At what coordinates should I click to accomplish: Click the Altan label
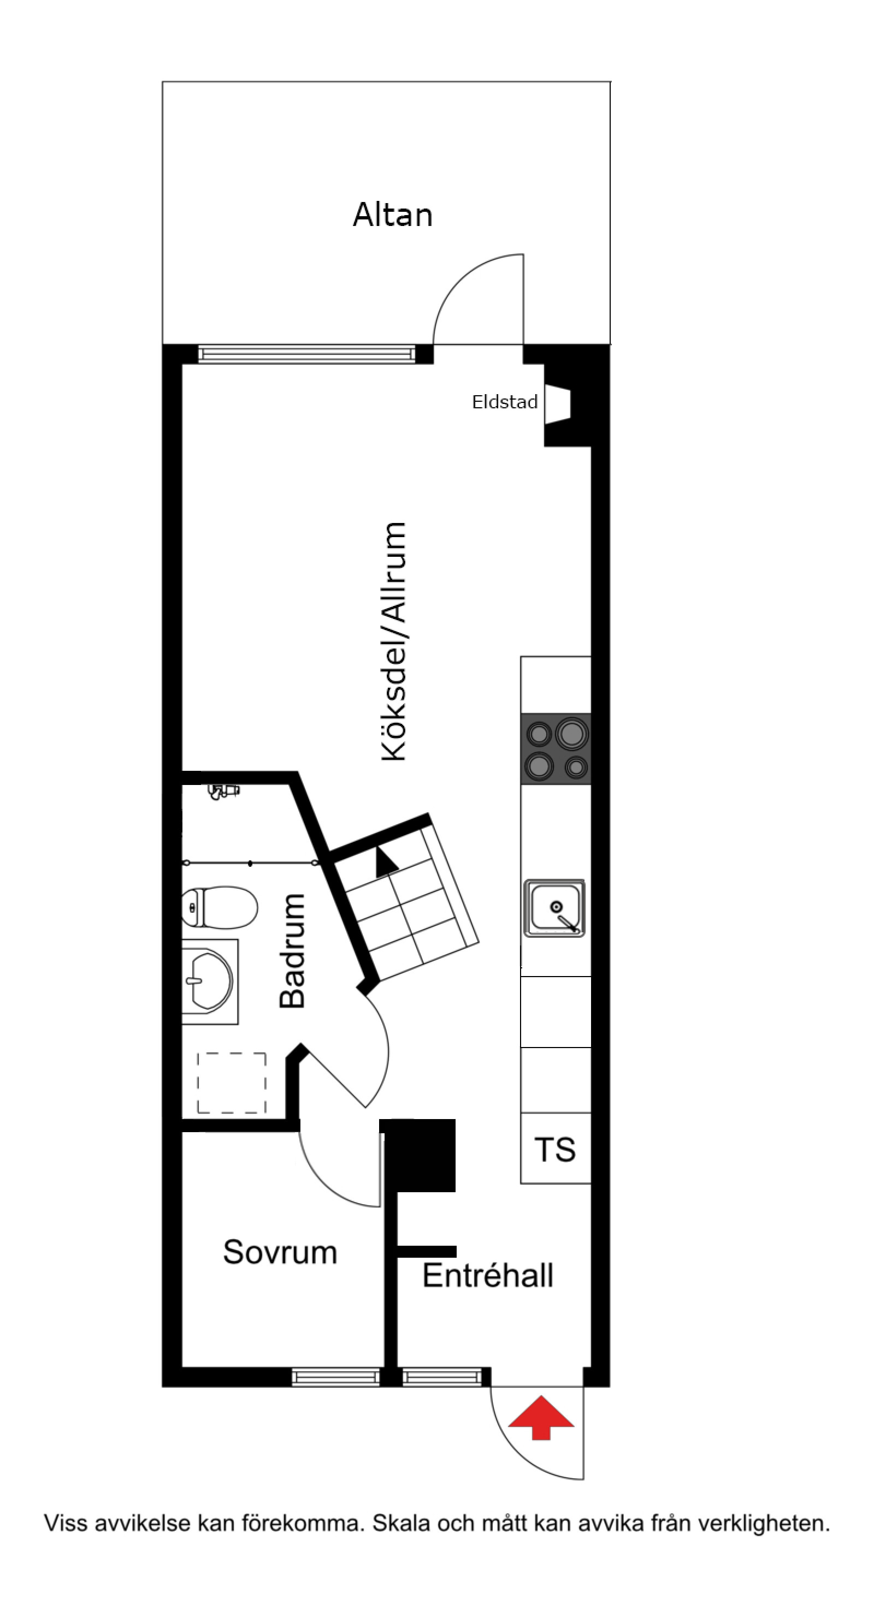point(392,216)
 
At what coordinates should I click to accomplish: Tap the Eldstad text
point(505,402)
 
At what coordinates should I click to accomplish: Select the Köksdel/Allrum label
point(394,641)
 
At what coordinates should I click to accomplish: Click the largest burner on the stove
point(571,734)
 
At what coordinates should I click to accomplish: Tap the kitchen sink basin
point(554,908)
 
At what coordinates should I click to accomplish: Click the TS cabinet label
point(555,1150)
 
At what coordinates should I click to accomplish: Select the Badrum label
point(293,951)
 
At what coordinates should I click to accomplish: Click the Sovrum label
point(280,1252)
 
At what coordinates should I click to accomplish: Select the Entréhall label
point(488,1276)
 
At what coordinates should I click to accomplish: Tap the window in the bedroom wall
point(336,1377)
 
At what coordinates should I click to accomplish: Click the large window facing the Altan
point(306,354)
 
